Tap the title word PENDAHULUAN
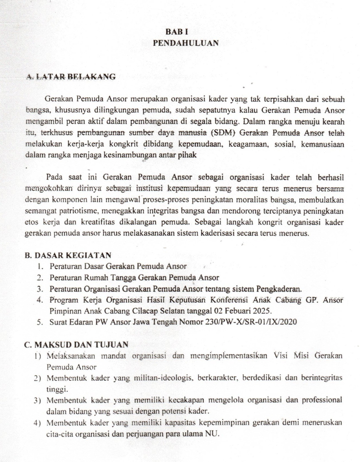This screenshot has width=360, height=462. (186, 43)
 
